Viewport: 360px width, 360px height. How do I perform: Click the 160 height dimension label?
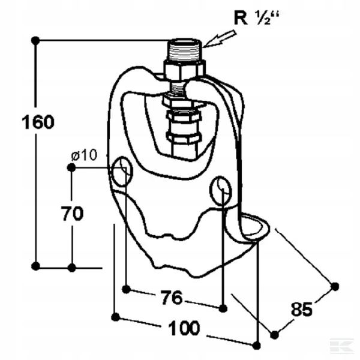point(38,122)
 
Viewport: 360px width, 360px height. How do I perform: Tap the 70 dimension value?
point(72,213)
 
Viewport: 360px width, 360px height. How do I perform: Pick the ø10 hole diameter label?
point(83,155)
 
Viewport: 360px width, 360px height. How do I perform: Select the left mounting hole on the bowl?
point(121,170)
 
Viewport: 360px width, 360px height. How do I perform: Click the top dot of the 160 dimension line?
point(35,40)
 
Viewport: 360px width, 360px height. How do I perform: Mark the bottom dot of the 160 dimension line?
point(35,266)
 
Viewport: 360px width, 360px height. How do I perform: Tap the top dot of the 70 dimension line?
point(71,167)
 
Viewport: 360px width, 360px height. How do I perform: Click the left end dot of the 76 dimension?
point(126,289)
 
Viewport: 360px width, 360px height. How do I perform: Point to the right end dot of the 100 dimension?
point(257,345)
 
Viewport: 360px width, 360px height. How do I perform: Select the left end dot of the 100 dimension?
point(114,316)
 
